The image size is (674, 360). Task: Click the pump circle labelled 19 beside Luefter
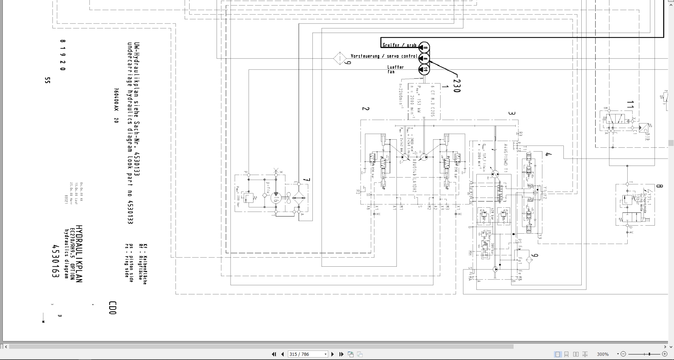[x=424, y=69]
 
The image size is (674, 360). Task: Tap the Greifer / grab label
[x=399, y=45]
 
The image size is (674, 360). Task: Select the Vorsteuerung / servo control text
[x=384, y=56]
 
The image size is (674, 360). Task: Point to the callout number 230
[x=456, y=86]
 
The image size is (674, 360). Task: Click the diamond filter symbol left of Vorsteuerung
[x=339, y=58]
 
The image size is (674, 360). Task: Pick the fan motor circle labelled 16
[x=276, y=198]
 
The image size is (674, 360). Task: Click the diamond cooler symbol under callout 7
[x=298, y=198]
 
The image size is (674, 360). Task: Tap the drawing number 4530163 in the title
[x=55, y=261]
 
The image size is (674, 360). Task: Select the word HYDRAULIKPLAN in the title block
[x=79, y=254]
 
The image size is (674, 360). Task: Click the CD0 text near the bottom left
[x=112, y=308]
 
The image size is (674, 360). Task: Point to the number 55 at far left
[x=48, y=80]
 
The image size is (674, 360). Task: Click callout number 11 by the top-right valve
[x=630, y=105]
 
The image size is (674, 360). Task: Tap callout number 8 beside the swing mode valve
[x=659, y=186]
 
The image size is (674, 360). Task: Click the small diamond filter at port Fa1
[x=529, y=260]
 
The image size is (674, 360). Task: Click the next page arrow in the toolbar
[x=333, y=354]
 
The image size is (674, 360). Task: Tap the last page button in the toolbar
[x=341, y=354]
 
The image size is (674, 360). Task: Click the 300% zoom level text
[x=603, y=354]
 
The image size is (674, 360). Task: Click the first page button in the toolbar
[x=274, y=354]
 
